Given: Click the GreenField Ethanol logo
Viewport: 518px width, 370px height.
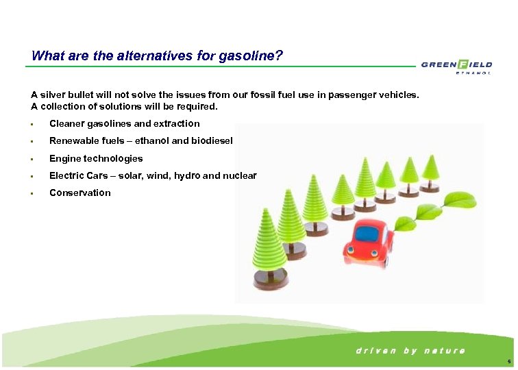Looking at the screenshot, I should pyautogui.click(x=456, y=67).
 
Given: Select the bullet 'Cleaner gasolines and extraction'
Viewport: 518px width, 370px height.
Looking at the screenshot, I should pyautogui.click(x=124, y=124).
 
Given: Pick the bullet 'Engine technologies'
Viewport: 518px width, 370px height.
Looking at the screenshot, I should pyautogui.click(x=96, y=158).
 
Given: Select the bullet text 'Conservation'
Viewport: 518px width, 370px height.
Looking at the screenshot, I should pyautogui.click(x=79, y=193).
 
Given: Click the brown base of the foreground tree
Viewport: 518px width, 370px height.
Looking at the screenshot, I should pyautogui.click(x=270, y=277).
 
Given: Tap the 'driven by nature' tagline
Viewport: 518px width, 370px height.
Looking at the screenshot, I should pyautogui.click(x=410, y=350).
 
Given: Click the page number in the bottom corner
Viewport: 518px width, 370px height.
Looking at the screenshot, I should pyautogui.click(x=507, y=361).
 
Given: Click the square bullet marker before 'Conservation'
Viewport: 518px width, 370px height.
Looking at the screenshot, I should pyautogui.click(x=32, y=193).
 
